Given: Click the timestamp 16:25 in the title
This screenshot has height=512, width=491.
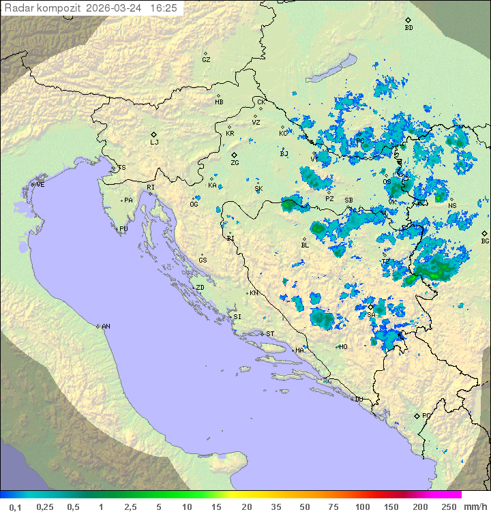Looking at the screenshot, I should coord(164,8).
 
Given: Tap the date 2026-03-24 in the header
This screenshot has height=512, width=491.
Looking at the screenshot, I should coord(117,8).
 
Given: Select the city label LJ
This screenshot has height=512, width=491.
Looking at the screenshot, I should coord(154,142).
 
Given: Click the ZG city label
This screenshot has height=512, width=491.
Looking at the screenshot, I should coord(235,163).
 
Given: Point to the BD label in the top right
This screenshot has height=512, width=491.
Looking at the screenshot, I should coord(408,28).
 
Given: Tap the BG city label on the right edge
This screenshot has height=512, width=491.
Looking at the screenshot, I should coord(485,241).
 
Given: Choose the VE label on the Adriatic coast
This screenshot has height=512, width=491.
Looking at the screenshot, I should coord(40,185).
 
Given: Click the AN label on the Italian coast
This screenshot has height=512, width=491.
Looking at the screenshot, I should coord(106,327).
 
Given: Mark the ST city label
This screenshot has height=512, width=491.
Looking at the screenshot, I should coord(270,334).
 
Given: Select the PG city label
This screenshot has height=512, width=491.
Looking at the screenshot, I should coord(426,415).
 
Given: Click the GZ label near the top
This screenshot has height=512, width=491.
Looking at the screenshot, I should coord(206,60).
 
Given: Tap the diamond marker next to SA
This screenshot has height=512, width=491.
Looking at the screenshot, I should coord(370,307).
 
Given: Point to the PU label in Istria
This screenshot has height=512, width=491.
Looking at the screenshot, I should coord(123,229).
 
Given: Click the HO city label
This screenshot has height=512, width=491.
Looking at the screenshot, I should coord(343,347).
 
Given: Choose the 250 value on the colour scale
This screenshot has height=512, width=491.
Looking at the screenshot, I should coord(448,507).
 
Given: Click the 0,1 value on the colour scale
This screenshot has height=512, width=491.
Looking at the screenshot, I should coord(15,507).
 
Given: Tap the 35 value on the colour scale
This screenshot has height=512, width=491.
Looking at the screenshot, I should coord(275,507).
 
